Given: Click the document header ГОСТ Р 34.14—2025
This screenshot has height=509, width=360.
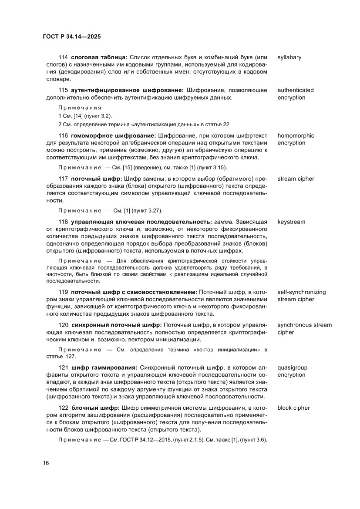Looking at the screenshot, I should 71,37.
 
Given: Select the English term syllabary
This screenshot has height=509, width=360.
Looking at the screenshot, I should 289,57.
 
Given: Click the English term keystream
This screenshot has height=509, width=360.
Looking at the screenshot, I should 291,222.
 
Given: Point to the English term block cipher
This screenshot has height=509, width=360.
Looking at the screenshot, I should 293,408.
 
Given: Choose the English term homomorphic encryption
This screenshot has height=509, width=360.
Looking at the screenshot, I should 296,139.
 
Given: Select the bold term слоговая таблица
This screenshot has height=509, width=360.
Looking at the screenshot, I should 99,57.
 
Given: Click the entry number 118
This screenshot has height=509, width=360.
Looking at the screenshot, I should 63,222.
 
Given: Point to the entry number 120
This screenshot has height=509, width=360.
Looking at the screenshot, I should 63,325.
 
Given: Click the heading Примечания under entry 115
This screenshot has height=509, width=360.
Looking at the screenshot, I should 80,108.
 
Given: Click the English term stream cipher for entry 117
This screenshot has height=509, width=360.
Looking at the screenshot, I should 296,179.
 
